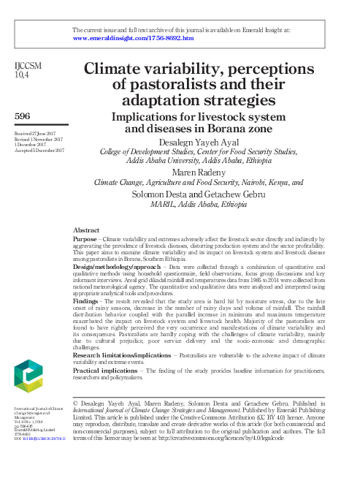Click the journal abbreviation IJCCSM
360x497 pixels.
tap(28, 65)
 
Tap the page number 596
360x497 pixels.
tap(22, 115)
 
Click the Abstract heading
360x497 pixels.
tap(88, 229)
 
